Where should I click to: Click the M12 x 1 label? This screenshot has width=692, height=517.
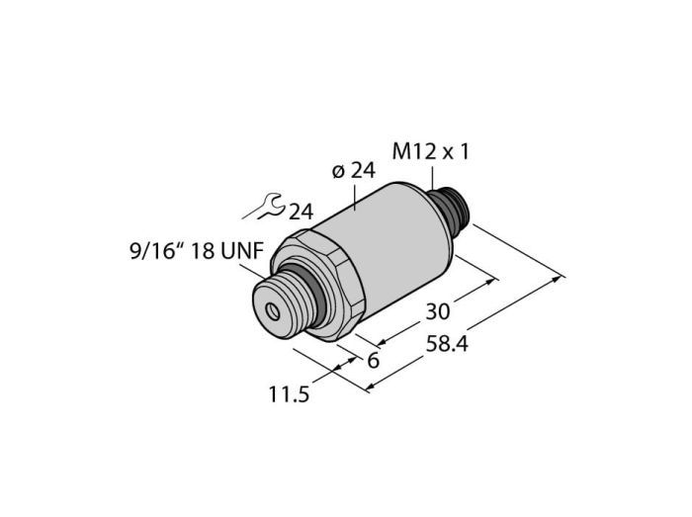click(x=431, y=152)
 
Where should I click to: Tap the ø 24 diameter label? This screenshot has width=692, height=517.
click(x=354, y=171)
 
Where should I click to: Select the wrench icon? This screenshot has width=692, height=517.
click(x=264, y=207)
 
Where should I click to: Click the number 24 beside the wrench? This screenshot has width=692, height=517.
click(x=301, y=212)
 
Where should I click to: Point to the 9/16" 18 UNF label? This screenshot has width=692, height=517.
click(x=197, y=251)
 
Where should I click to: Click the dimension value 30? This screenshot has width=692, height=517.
click(x=437, y=311)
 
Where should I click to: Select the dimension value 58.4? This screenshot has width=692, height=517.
click(x=447, y=344)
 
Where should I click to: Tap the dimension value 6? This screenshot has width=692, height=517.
click(x=374, y=361)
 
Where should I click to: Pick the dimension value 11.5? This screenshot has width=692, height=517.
click(x=289, y=393)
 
